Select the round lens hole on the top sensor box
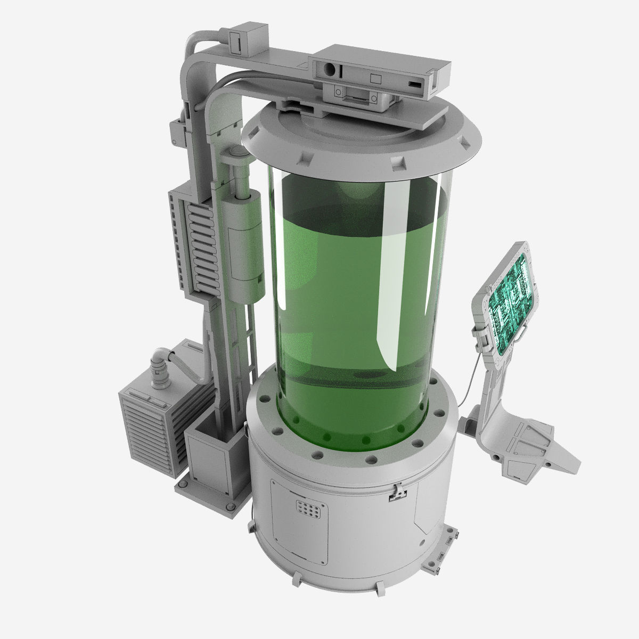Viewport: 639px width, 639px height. (x=331, y=70)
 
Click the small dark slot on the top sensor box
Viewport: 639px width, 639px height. (x=413, y=84)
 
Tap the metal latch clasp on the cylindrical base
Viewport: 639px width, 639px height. (x=396, y=493)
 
